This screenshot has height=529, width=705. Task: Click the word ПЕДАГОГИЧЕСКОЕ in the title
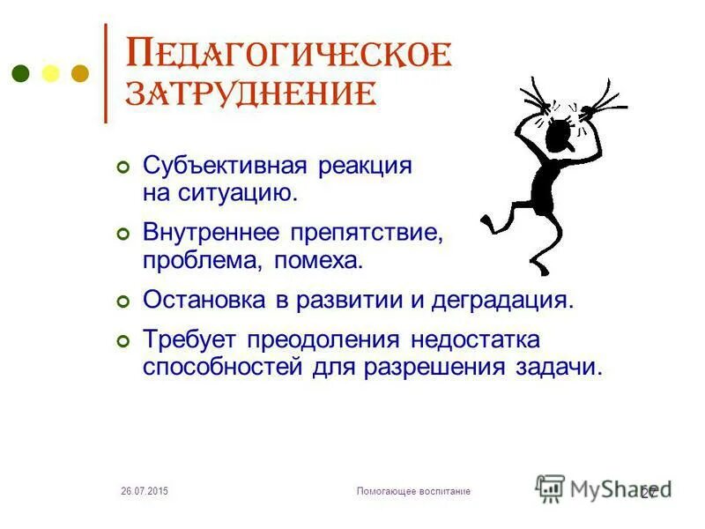(290, 54)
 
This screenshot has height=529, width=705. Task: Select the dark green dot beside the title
(22, 73)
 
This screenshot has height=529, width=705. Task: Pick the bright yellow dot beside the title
(50, 73)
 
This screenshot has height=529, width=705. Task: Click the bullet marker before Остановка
(123, 302)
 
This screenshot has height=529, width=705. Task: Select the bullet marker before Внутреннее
(123, 235)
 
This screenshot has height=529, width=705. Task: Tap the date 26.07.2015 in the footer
(144, 490)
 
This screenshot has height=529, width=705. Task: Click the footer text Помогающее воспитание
(413, 490)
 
